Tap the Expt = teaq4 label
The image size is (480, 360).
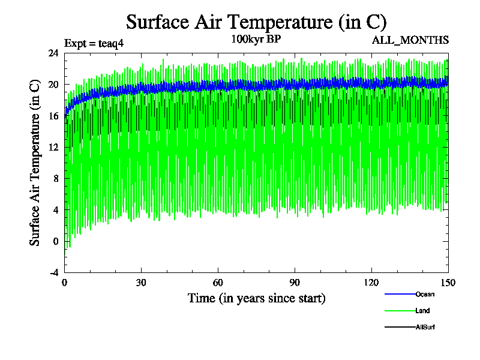[94, 43]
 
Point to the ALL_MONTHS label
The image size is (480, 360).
[410, 40]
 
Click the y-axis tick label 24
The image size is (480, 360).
[53, 53]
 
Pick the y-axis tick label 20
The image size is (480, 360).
[53, 84]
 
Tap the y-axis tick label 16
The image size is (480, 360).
[53, 116]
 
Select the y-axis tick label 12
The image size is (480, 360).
[53, 147]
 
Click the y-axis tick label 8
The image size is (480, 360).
[56, 178]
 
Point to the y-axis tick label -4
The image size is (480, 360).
[53, 272]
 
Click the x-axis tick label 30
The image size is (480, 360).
[142, 283]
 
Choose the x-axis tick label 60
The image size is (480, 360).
[218, 283]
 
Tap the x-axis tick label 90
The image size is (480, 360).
[295, 283]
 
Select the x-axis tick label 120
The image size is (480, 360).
[372, 283]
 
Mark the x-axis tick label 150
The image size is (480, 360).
[448, 283]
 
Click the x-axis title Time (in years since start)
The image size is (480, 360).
[257, 298]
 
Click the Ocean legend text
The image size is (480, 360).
[425, 294]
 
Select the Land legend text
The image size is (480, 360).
[422, 311]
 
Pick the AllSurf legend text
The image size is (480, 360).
[425, 327]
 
